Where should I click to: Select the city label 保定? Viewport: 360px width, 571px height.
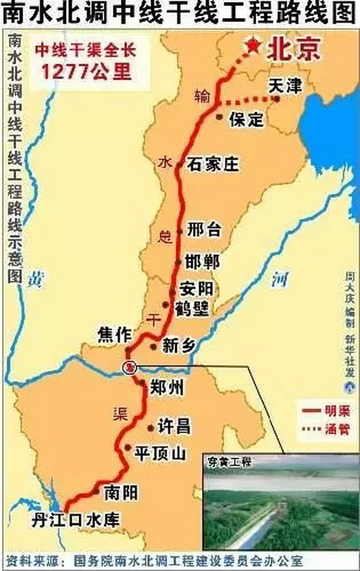click(x=246, y=119)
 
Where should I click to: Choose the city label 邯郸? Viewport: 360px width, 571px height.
click(x=203, y=262)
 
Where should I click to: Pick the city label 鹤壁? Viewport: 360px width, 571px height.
click(x=191, y=308)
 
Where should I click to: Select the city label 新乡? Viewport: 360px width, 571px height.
click(x=179, y=346)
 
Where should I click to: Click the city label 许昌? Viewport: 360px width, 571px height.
click(x=173, y=426)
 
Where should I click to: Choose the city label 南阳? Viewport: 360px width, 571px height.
click(x=121, y=493)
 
